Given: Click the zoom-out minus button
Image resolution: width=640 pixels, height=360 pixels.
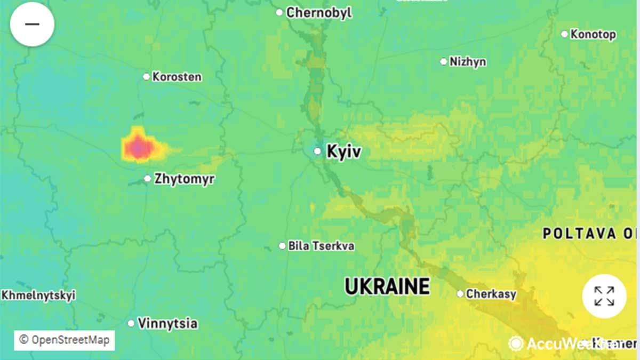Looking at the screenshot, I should pyautogui.click(x=32, y=24).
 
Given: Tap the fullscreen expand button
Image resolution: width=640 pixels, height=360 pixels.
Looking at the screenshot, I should pyautogui.click(x=604, y=296).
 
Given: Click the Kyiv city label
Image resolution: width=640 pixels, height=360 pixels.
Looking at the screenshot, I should pyautogui.click(x=343, y=151).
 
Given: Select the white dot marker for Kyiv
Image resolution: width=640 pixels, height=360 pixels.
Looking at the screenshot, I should pyautogui.click(x=317, y=151).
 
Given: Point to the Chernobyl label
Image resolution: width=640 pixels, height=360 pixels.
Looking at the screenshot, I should pyautogui.click(x=319, y=13).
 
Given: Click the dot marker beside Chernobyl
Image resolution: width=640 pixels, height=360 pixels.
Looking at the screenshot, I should pyautogui.click(x=279, y=12).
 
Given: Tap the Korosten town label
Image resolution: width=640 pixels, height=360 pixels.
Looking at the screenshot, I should pyautogui.click(x=177, y=77).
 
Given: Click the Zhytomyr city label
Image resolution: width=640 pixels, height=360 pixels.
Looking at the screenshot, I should pyautogui.click(x=184, y=179).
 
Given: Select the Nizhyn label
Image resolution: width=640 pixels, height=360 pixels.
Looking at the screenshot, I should pyautogui.click(x=468, y=62).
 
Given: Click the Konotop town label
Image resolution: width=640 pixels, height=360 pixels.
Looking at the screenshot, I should pyautogui.click(x=593, y=34).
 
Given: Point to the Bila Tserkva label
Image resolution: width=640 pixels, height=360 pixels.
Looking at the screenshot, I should pyautogui.click(x=321, y=246).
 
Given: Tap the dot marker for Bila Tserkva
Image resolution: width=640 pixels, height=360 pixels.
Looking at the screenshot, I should pyautogui.click(x=282, y=246).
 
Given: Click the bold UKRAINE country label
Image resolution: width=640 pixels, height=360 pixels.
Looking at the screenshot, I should pyautogui.click(x=387, y=286).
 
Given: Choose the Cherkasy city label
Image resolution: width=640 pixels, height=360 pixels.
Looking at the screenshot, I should pyautogui.click(x=491, y=294).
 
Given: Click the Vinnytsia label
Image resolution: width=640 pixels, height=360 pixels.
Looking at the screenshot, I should pyautogui.click(x=167, y=323).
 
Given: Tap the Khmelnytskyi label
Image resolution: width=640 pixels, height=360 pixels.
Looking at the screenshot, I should pyautogui.click(x=38, y=295).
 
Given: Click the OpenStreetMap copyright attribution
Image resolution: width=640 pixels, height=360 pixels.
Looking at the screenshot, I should pyautogui.click(x=64, y=340).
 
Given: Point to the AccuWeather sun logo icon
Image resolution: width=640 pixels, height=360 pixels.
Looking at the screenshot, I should pyautogui.click(x=515, y=343).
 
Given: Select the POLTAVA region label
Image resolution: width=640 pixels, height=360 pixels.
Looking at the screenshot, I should pyautogui.click(x=587, y=233).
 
